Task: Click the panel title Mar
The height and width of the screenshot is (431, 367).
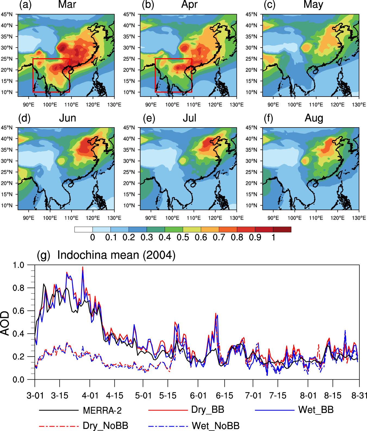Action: click(67, 5)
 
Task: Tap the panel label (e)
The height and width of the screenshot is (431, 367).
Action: click(149, 118)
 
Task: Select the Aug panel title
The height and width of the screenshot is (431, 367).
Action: click(314, 118)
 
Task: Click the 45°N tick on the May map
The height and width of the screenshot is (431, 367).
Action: click(251, 14)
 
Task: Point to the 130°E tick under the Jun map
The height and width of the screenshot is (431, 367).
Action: click(114, 218)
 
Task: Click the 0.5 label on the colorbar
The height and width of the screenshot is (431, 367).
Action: click(183, 237)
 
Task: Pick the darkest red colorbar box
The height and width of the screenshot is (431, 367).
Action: click(282, 230)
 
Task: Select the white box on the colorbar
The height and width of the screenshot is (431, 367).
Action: click(83, 230)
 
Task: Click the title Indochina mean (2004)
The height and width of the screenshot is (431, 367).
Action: click(116, 255)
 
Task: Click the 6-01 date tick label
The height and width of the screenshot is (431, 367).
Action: click(198, 395)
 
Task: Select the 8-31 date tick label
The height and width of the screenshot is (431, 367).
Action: click(359, 395)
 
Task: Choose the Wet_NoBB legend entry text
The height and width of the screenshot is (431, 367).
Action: click(216, 426)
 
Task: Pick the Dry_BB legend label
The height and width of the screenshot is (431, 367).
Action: click(208, 410)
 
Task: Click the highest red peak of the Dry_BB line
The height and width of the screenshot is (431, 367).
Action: click(83, 267)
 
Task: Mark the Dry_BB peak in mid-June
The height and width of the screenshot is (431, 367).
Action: click(216, 313)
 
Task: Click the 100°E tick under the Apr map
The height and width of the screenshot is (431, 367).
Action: click(172, 105)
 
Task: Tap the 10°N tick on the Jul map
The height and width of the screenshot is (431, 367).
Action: click(129, 205)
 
